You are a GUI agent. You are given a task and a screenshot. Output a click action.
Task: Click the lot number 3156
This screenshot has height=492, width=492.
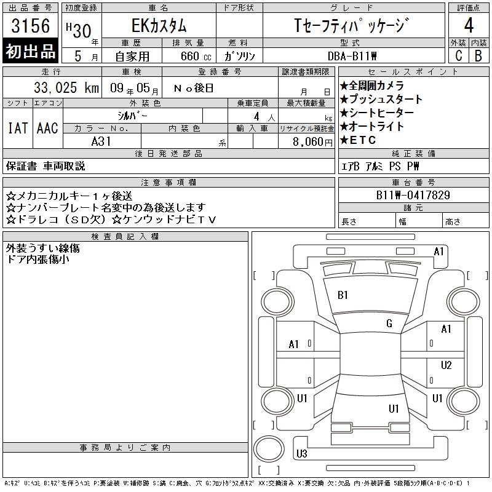(x=30, y=26)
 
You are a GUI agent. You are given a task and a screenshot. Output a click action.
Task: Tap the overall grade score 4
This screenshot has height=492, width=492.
(x=469, y=25)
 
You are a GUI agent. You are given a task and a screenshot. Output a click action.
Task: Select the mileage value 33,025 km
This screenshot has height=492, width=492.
(x=66, y=87)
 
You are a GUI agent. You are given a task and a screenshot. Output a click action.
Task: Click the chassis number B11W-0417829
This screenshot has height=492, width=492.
(x=413, y=195)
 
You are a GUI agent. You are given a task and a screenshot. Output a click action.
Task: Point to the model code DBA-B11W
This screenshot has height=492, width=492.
(x=352, y=56)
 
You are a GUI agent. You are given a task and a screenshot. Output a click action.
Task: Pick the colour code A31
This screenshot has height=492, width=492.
(x=101, y=141)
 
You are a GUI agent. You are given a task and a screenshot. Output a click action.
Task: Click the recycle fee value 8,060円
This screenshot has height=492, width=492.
(x=312, y=142)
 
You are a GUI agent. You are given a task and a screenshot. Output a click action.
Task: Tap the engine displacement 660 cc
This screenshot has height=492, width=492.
(x=196, y=56)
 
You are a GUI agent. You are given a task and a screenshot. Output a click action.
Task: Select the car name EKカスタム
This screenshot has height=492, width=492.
(x=159, y=26)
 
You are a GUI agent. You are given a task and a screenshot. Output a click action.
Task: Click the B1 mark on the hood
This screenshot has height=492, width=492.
(x=343, y=295)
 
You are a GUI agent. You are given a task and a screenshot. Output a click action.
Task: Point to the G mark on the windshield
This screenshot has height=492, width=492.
(x=389, y=323)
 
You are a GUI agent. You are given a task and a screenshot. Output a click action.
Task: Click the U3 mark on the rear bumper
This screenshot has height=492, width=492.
(x=301, y=453)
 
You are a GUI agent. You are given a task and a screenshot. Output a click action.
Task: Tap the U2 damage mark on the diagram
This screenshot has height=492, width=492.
(x=446, y=365)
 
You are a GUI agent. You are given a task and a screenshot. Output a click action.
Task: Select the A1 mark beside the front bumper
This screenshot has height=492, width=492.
(x=438, y=252)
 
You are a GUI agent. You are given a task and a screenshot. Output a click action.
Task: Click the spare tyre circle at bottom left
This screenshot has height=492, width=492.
(x=269, y=449)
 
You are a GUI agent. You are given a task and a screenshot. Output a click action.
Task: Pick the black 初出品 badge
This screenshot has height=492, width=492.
(x=30, y=51)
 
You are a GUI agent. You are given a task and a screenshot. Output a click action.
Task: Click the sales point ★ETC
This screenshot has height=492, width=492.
(x=358, y=140)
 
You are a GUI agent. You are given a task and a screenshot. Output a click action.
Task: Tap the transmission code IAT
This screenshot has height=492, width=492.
(x=18, y=128)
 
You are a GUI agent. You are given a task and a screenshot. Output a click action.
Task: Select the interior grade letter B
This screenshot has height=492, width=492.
(x=478, y=56)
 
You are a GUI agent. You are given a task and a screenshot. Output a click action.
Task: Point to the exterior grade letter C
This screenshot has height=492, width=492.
(x=458, y=56)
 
